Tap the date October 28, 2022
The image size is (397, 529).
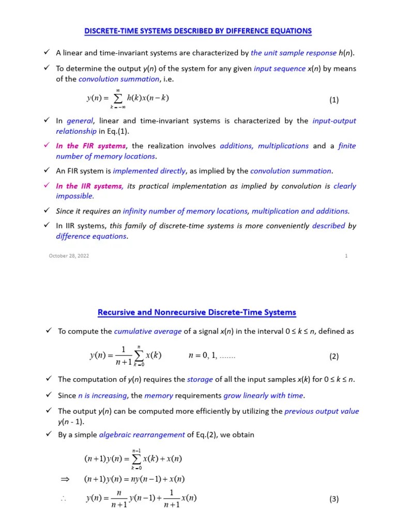click(x=69, y=256)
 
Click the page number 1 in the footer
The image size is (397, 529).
click(x=346, y=256)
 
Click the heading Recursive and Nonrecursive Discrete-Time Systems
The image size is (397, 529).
click(x=197, y=312)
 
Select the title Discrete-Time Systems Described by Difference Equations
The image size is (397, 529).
click(x=198, y=31)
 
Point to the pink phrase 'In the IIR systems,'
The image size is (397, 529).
click(x=89, y=186)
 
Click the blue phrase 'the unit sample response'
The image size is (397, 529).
click(x=293, y=53)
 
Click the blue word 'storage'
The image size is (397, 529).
click(x=200, y=379)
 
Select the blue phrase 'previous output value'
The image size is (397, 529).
click(x=322, y=411)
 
